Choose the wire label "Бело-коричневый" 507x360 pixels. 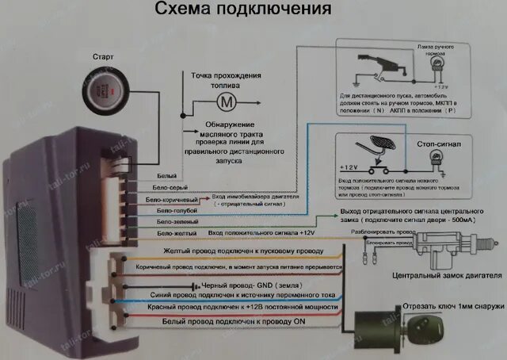click(179, 199)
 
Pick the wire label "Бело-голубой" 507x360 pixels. click(177, 211)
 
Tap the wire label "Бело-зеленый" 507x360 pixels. click(177, 222)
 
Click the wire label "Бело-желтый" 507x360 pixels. click(177, 233)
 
